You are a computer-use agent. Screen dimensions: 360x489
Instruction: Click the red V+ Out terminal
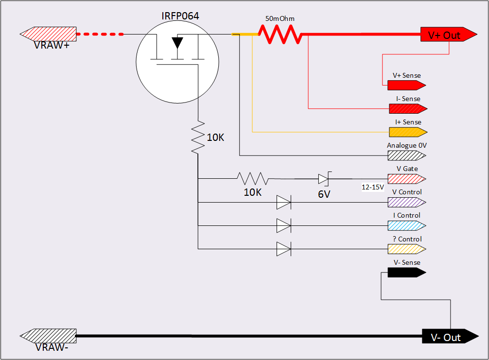coord(447,34)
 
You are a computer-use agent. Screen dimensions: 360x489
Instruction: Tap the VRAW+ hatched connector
coord(48,34)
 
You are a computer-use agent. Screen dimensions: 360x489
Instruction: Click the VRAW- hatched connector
coord(48,336)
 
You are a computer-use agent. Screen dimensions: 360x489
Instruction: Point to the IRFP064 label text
coord(180,17)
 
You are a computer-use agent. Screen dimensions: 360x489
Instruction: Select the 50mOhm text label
coord(280,19)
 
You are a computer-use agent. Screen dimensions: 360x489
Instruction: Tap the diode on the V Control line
coord(283,202)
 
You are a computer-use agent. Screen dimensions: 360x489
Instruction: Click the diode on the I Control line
coord(283,225)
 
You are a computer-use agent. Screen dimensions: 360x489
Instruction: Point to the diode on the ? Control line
coord(283,249)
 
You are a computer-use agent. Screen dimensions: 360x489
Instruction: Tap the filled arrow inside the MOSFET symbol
coord(177,43)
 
